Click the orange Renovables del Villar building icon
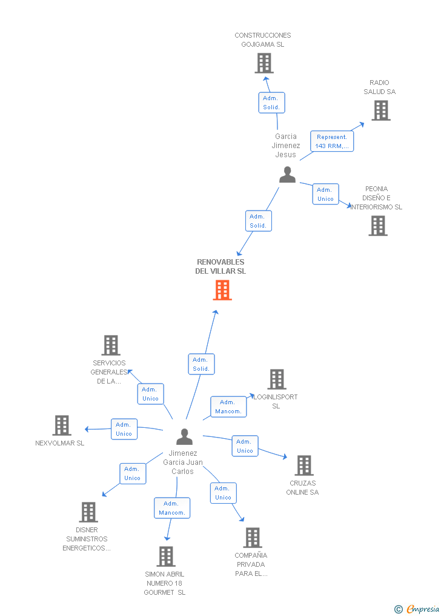coord(222,290)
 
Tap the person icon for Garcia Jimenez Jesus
coord(287,175)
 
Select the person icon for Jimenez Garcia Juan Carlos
coord(184,436)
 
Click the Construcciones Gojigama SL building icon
coord(264,63)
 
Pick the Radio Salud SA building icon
coord(380,110)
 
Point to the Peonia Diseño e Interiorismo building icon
coord(377,226)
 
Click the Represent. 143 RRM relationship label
coord(331,141)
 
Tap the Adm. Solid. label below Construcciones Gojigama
coord(271,103)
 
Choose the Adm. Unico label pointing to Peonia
coord(325,194)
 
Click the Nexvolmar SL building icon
coord(61,425)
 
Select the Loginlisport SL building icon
coord(276,379)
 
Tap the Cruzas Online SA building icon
coord(303,465)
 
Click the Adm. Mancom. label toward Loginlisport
coord(228,407)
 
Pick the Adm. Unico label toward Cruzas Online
coord(245,446)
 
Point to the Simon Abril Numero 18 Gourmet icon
coord(165,556)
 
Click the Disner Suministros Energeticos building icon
coord(88,512)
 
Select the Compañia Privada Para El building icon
coord(252,538)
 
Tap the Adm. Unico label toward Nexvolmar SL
coord(124,429)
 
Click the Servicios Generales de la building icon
coord(110,345)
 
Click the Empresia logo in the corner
coord(418,609)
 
